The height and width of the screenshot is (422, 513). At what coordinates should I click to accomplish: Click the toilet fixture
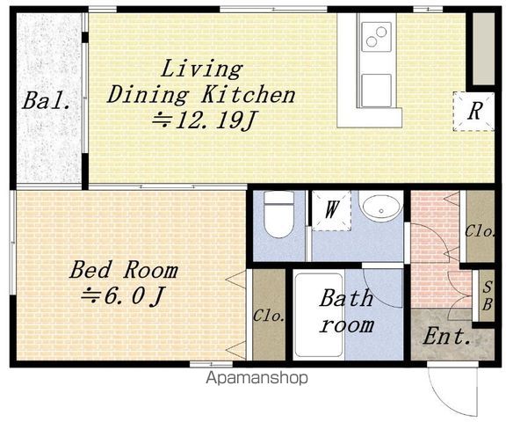[278, 215]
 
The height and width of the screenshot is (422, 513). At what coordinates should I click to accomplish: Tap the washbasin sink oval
[381, 207]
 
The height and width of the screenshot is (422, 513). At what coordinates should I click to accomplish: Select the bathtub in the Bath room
[319, 315]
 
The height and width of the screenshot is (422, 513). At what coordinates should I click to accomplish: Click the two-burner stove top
[376, 37]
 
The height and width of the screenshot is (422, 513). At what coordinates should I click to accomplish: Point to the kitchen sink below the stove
[376, 91]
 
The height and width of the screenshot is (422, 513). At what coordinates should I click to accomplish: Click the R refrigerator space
[474, 112]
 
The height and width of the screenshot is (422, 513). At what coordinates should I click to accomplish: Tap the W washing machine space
[331, 210]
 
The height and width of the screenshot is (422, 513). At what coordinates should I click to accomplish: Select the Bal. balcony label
[47, 100]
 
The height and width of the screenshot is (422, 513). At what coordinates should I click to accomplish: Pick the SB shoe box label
[488, 296]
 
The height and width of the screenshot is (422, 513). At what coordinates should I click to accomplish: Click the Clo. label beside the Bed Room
[269, 316]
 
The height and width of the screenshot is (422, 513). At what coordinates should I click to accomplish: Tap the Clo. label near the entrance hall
[480, 232]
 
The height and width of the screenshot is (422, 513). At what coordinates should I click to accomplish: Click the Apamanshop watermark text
[256, 378]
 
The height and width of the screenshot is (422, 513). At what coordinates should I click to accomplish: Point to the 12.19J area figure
[204, 120]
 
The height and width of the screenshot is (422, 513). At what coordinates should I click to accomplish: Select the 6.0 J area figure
[123, 296]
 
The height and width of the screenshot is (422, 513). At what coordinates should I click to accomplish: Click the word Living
[201, 69]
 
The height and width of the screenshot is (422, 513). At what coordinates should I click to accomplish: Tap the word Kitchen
[249, 95]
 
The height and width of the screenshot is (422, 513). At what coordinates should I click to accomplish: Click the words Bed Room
[124, 270]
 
